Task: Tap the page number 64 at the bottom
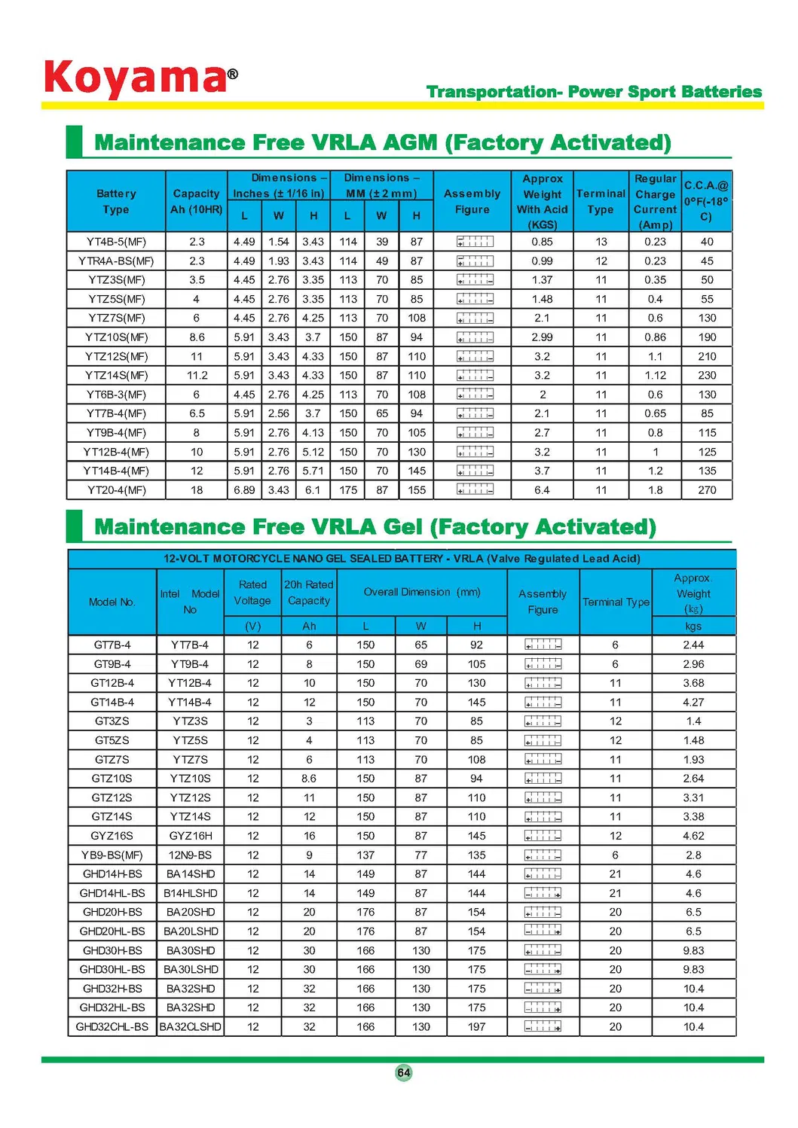(404, 1072)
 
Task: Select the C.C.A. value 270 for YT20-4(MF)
(707, 490)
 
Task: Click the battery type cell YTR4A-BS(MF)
(116, 261)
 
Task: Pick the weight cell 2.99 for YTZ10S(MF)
(542, 337)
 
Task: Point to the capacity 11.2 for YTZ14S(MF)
(197, 376)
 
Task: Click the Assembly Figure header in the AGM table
(472, 202)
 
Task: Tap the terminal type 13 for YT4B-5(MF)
(601, 242)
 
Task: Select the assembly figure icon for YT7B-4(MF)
(475, 413)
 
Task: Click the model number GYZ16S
(112, 836)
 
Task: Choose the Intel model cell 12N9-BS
(190, 855)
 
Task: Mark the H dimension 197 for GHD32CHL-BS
(476, 1027)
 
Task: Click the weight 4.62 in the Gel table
(693, 836)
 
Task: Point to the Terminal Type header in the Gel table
(616, 602)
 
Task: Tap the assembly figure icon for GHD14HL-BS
(543, 893)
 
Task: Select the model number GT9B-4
(112, 664)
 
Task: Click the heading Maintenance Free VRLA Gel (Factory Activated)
(375, 526)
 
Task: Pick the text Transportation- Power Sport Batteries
(594, 92)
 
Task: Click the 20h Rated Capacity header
(309, 593)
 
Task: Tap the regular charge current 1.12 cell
(655, 376)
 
